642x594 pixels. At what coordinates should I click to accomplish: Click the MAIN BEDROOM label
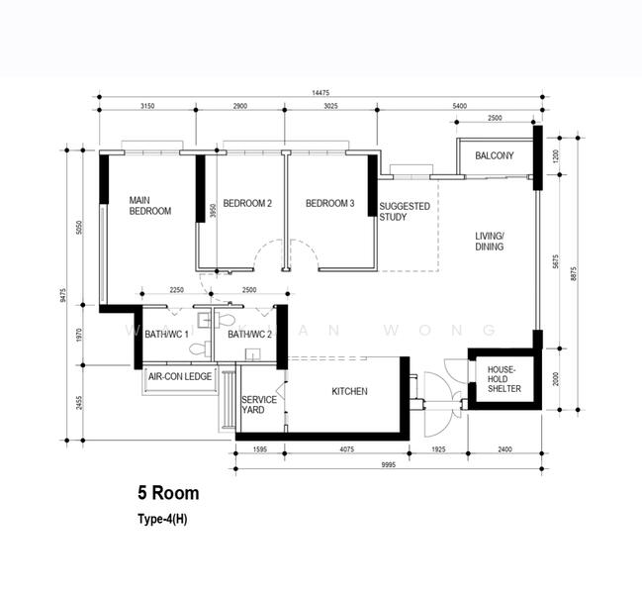pyautogui.click(x=150, y=205)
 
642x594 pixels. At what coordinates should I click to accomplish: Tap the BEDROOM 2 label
pyautogui.click(x=246, y=204)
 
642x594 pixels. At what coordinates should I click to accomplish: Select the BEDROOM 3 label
pyautogui.click(x=329, y=204)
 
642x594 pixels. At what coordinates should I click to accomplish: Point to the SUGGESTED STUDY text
pyautogui.click(x=402, y=212)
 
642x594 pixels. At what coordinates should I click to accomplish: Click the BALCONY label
pyautogui.click(x=494, y=156)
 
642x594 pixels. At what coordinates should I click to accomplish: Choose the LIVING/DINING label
pyautogui.click(x=489, y=241)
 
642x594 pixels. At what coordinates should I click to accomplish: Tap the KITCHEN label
pyautogui.click(x=349, y=392)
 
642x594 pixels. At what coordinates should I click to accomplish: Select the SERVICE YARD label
pyautogui.click(x=259, y=404)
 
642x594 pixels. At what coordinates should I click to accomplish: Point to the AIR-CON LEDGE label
pyautogui.click(x=179, y=377)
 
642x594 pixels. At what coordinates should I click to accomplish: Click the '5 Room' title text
pyautogui.click(x=168, y=493)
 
